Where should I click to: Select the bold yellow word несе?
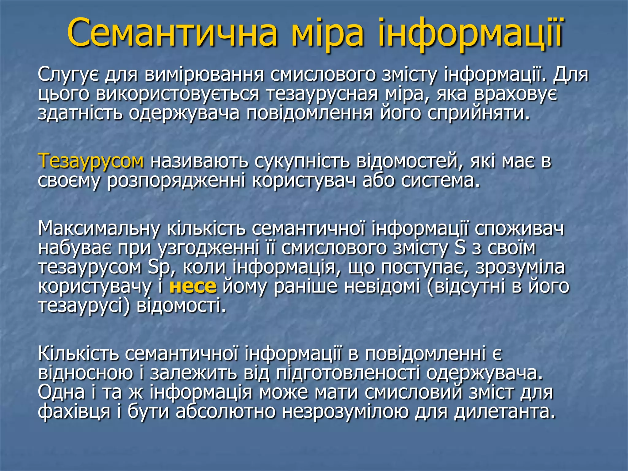pos(193,286)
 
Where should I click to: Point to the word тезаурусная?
pos(322,94)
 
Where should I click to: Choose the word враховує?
pos(515,94)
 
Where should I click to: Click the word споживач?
pos(519,228)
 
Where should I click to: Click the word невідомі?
pos(382,286)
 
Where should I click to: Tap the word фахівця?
pos(74,411)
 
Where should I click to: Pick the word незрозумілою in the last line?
pos(345,411)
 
